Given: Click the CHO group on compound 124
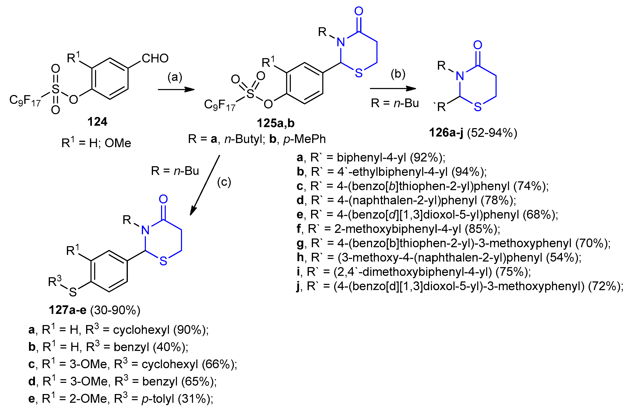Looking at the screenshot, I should point(155,58).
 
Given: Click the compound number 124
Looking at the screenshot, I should point(97,122).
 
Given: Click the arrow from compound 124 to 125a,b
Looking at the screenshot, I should point(176,90).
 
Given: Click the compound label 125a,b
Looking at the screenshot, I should point(275,123).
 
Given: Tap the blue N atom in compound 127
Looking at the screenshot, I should point(145,230).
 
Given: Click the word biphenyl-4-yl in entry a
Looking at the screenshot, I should point(371,157).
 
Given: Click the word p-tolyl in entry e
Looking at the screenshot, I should point(158,399).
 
